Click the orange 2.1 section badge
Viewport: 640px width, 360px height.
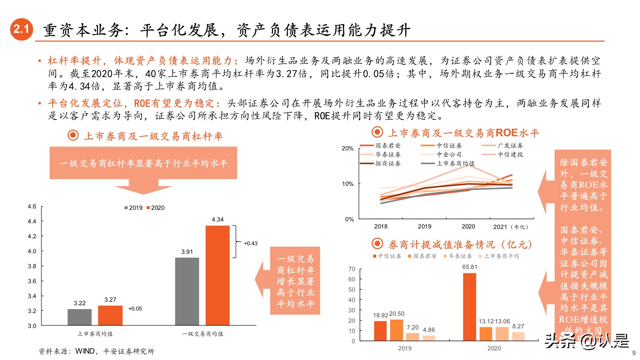tap(21, 29)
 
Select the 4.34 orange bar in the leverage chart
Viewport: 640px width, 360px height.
tap(217, 275)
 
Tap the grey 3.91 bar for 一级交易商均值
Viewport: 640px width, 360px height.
tap(187, 291)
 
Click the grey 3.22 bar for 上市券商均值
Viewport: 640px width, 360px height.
tap(79, 317)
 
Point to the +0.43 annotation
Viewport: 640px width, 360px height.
tap(251, 243)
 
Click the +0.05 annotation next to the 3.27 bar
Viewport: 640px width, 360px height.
tap(135, 309)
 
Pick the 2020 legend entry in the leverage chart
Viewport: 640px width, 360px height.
tap(156, 208)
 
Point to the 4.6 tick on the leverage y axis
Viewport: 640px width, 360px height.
tap(32, 206)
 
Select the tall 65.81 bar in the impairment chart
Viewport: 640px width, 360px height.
tap(469, 307)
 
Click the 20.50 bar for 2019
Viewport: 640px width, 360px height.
tap(396, 330)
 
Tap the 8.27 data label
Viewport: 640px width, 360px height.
tap(518, 326)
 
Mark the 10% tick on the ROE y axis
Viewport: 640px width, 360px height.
tap(348, 184)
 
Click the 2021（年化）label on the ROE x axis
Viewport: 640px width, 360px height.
tap(511, 227)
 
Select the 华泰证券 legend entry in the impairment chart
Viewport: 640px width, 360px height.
tap(458, 256)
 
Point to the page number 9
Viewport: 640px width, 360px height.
tap(634, 353)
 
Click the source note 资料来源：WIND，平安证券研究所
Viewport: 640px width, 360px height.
tap(96, 351)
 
